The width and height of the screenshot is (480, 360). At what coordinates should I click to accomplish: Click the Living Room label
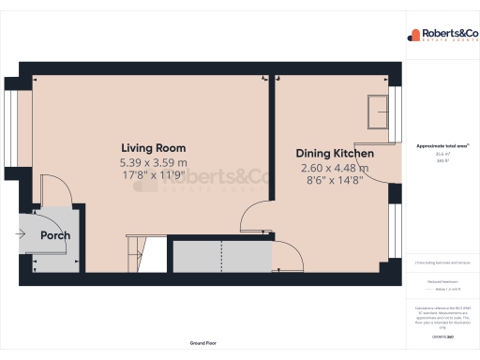click(x=153, y=148)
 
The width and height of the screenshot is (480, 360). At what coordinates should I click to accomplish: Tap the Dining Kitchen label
click(x=335, y=154)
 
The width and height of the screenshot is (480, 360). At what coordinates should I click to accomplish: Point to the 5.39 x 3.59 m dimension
click(x=153, y=162)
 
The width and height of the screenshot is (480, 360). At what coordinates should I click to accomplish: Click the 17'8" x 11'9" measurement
click(x=153, y=175)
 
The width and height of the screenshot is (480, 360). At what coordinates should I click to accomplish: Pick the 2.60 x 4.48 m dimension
click(x=335, y=169)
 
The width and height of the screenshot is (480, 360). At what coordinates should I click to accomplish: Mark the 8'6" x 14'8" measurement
click(x=335, y=182)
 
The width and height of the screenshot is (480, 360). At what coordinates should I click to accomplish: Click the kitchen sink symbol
click(x=380, y=109)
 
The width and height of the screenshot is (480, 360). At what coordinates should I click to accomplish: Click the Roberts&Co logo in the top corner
click(x=441, y=35)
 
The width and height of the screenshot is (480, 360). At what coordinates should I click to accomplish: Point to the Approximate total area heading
click(x=442, y=146)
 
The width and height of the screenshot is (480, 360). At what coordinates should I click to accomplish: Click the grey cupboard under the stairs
click(x=220, y=255)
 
